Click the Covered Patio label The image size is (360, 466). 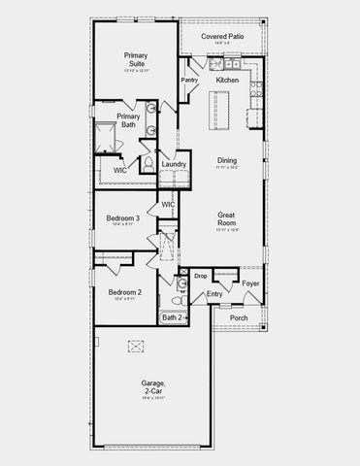[222, 36]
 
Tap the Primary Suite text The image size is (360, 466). [135, 59]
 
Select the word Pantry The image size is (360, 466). [190, 80]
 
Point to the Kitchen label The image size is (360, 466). [227, 80]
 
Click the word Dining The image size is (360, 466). [226, 162]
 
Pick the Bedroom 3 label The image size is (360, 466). [124, 218]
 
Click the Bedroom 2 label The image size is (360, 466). [124, 292]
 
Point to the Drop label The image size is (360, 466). [200, 276]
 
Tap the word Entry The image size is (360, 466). [214, 293]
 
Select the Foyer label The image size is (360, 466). [250, 283]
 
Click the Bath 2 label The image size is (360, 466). [171, 317]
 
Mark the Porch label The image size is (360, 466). [238, 317]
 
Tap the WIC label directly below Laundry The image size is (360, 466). [168, 205]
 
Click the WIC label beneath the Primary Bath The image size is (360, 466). [119, 170]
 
